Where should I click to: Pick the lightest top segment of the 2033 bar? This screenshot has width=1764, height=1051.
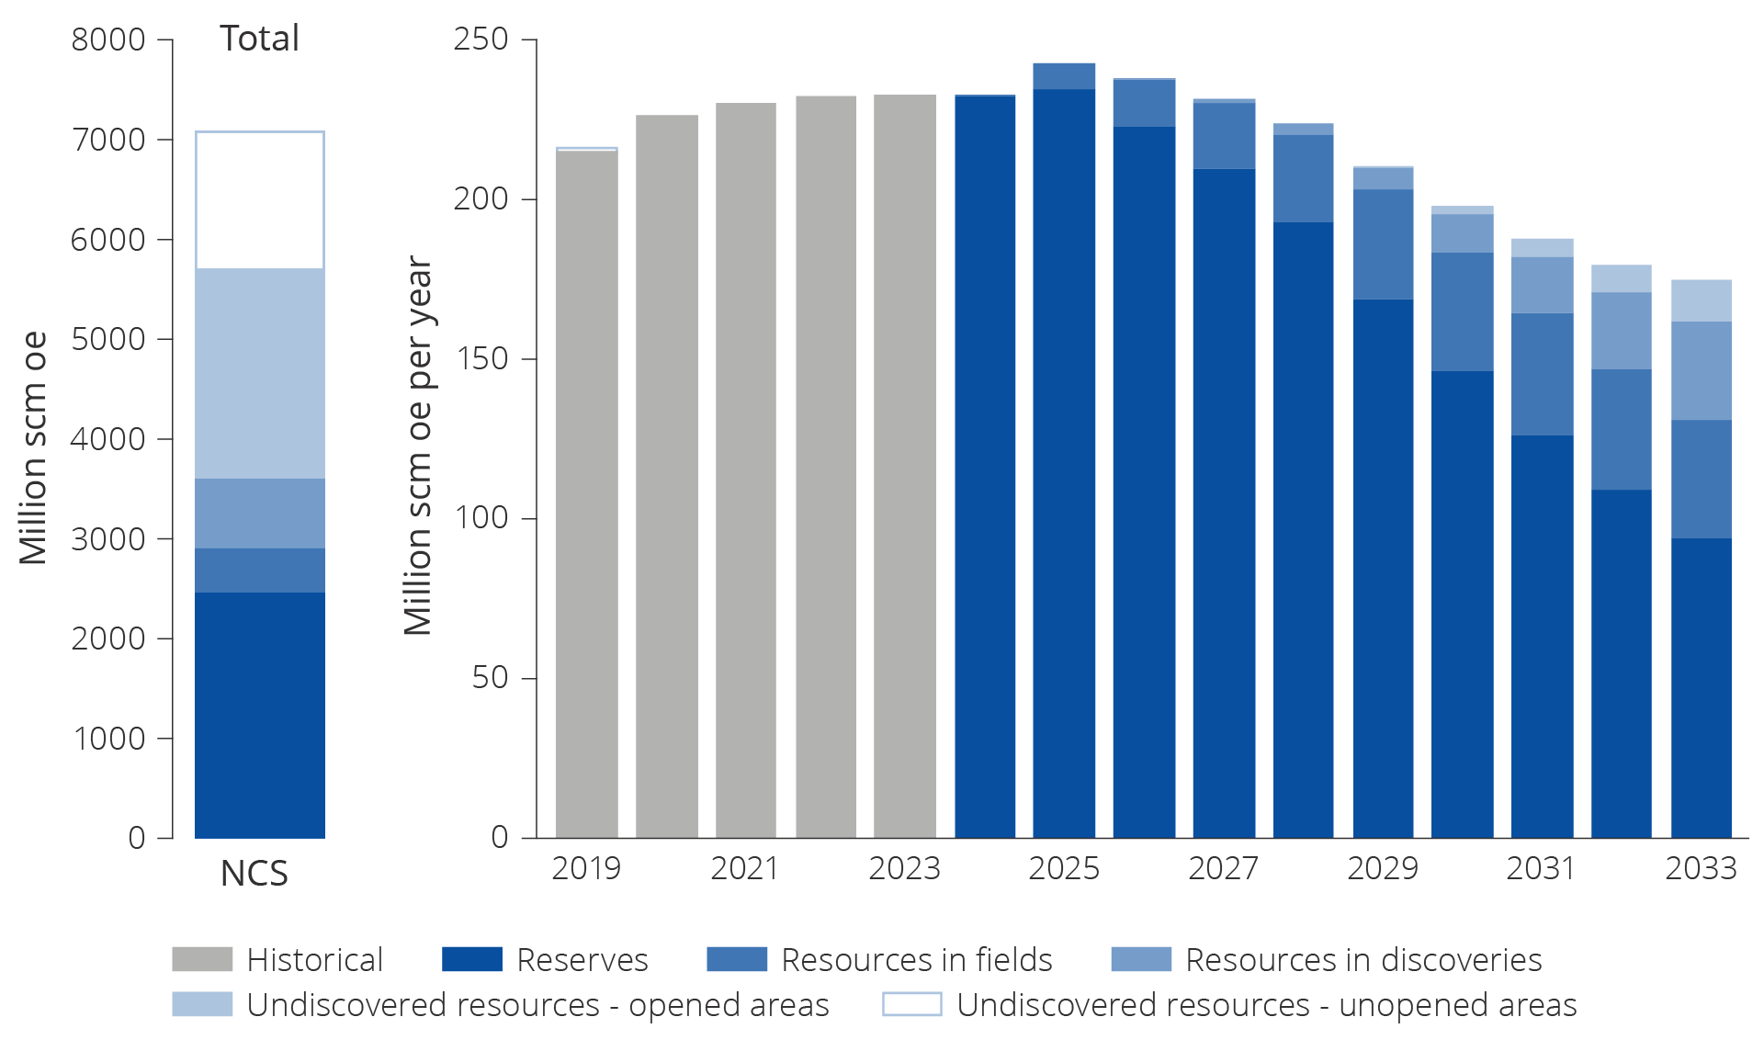[x=1701, y=300]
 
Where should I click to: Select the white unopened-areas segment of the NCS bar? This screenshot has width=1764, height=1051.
[x=260, y=199]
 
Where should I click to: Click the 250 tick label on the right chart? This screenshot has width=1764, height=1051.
[x=481, y=39]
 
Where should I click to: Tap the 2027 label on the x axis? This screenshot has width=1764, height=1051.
[x=1223, y=868]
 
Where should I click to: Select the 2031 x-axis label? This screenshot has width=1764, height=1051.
[x=1541, y=868]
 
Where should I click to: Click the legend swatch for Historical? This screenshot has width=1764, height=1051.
[x=202, y=959]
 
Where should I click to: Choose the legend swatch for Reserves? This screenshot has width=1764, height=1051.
[x=472, y=959]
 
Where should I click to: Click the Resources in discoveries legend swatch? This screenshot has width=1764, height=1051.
[x=1141, y=959]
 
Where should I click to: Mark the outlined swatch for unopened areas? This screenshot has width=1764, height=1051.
[x=911, y=1004]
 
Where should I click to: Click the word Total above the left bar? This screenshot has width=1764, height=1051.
[x=259, y=39]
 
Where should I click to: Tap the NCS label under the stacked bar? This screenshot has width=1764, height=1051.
[x=254, y=873]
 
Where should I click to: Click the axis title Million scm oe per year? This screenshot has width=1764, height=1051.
[x=418, y=446]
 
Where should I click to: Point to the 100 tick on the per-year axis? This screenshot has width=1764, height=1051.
[x=481, y=518]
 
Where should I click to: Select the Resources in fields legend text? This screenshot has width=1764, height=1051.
[x=916, y=959]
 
